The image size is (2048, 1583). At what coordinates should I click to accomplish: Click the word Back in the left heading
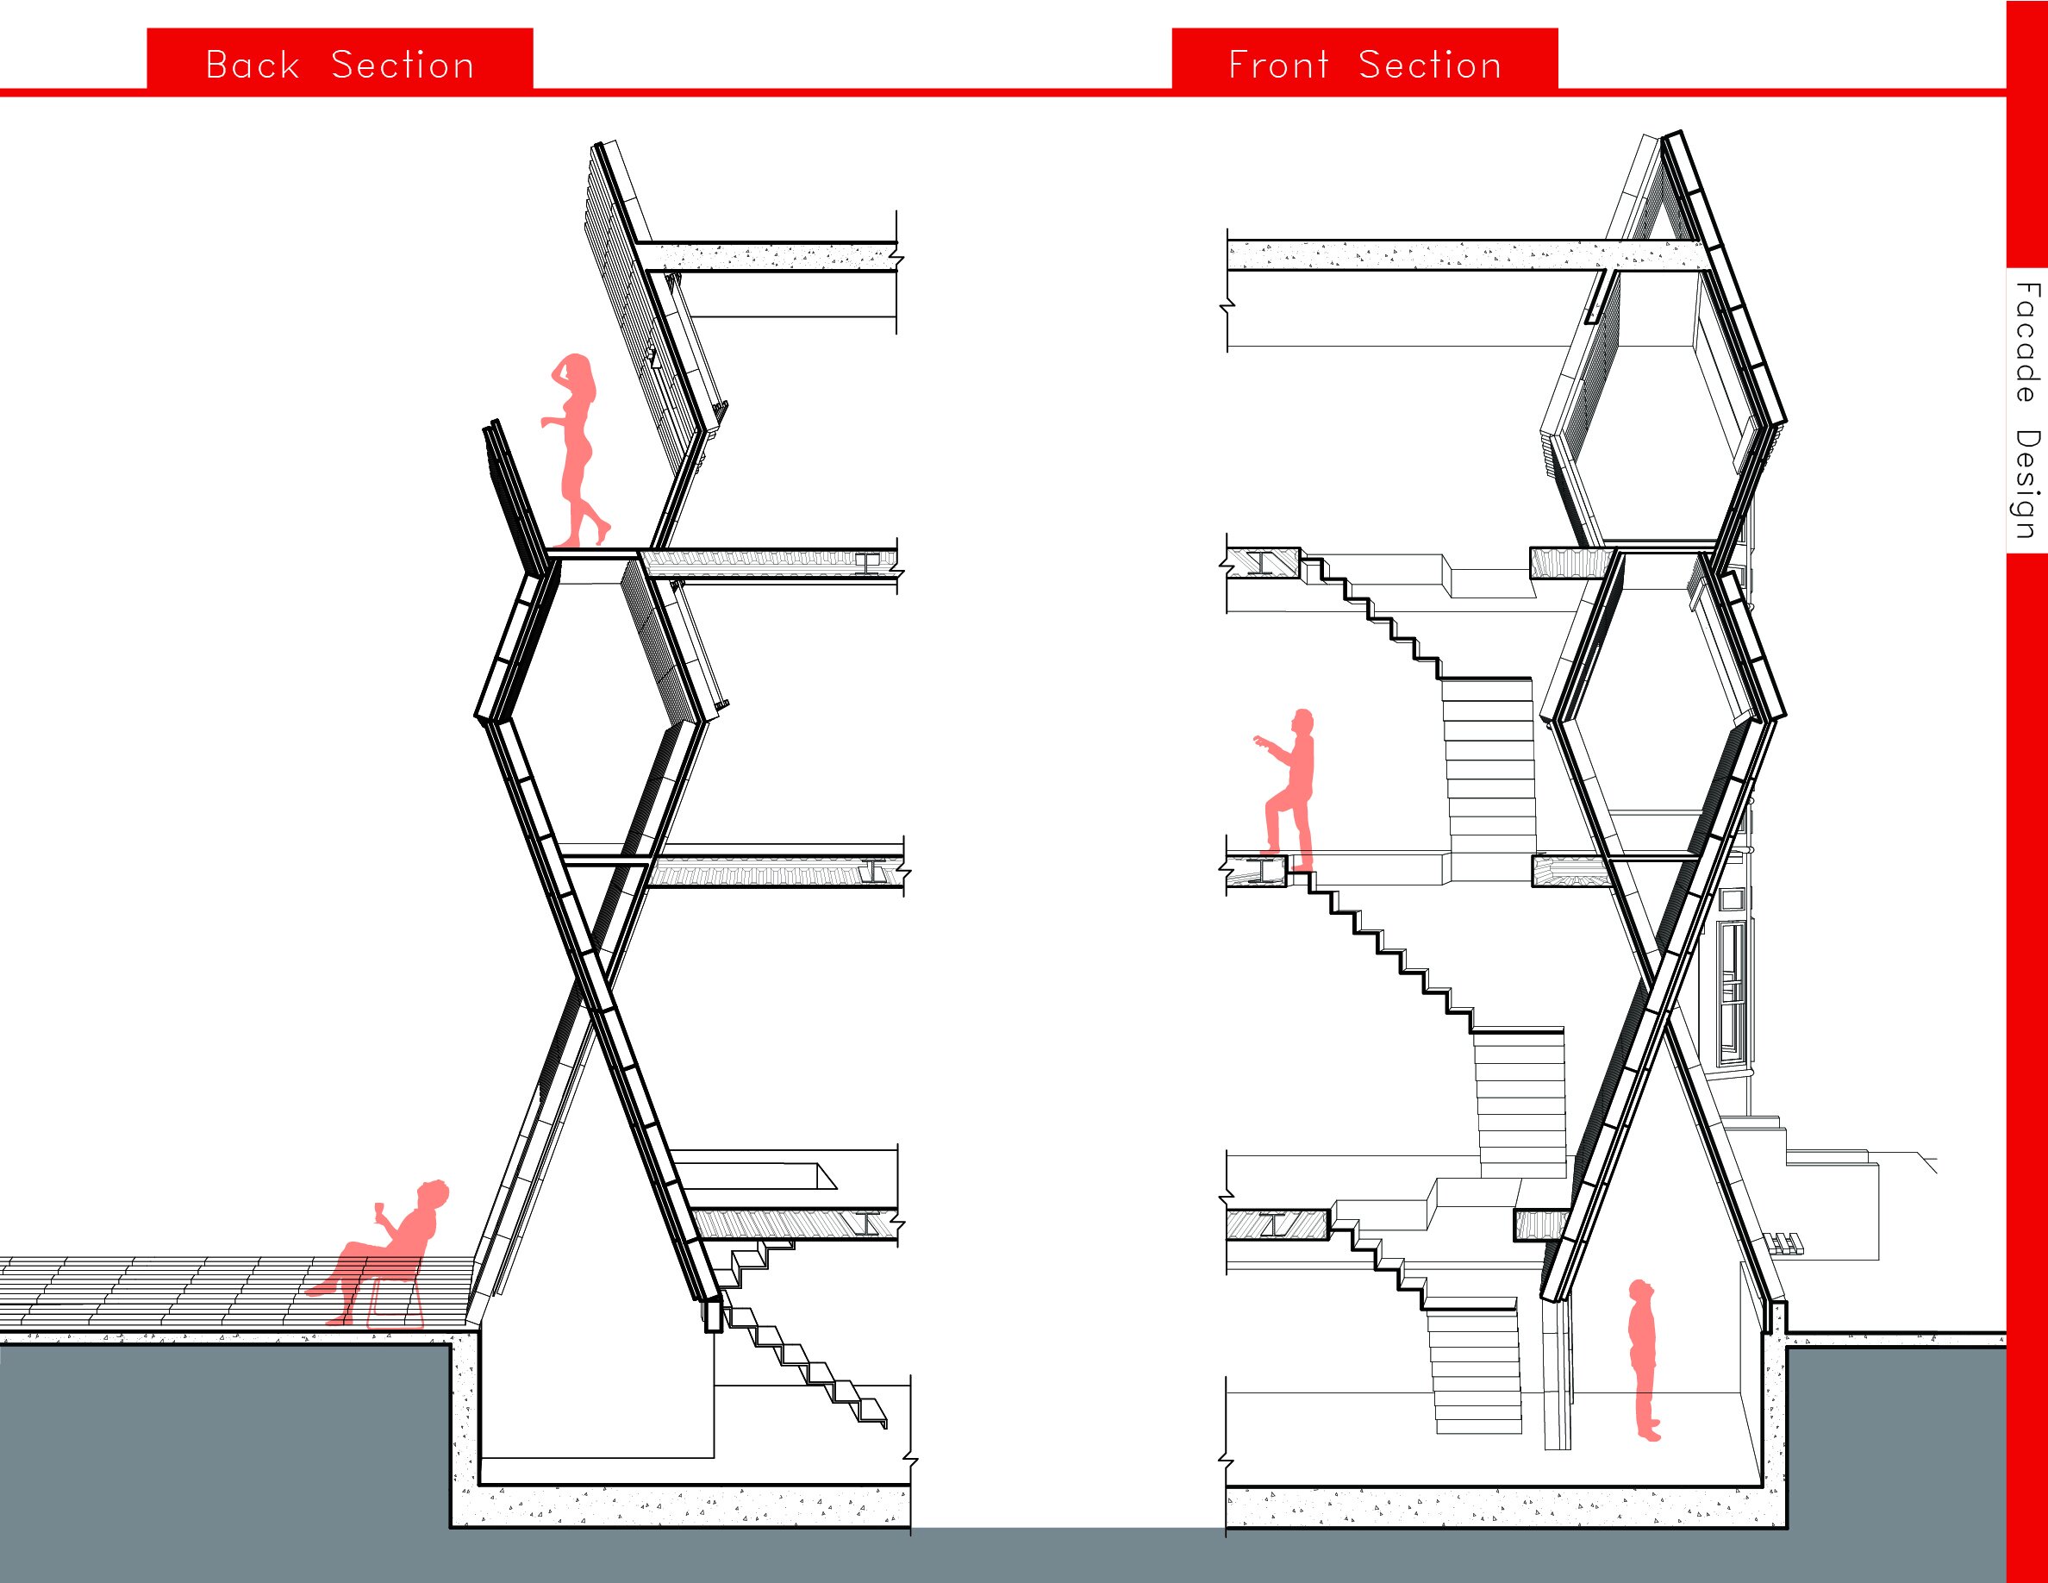point(253,65)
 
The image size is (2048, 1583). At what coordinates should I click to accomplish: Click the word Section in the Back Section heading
point(403,65)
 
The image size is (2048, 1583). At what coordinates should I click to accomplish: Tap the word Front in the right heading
point(1279,65)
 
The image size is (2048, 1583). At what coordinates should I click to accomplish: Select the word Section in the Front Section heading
point(1430,65)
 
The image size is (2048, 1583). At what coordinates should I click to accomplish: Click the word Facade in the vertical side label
point(2026,342)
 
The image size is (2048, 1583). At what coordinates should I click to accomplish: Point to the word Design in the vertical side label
point(2026,484)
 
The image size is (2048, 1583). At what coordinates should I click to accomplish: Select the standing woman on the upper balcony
point(574,450)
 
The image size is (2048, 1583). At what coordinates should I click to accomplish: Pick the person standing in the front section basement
point(1643,1361)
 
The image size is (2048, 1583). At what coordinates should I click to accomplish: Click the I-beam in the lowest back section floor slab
point(869,1223)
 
